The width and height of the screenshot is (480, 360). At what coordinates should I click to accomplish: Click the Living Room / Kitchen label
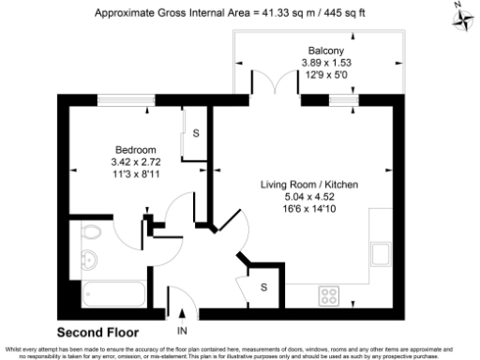tap(309, 186)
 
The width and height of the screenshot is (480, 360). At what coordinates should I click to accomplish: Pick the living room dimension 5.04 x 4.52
tap(309, 197)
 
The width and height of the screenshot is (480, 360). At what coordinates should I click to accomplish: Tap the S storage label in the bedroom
tap(196, 133)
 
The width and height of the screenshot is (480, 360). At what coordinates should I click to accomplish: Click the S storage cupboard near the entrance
tap(264, 286)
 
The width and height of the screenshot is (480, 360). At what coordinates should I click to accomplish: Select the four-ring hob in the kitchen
tap(330, 295)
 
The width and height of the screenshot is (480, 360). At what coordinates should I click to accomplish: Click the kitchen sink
tap(381, 254)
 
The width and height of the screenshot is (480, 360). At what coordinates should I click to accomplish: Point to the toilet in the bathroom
tap(93, 234)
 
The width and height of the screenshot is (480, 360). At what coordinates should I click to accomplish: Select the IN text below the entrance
tap(181, 331)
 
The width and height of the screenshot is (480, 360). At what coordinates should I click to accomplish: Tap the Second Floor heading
tap(97, 332)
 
